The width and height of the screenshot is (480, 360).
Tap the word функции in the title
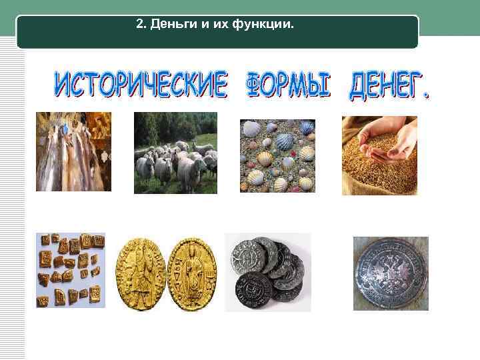pos(263,25)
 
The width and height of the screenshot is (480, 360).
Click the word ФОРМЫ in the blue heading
pos(289,85)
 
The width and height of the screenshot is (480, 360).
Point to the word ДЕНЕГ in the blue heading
pos(389,87)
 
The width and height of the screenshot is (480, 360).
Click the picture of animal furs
pos(73,151)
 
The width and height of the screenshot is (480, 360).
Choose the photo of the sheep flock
pos(175,153)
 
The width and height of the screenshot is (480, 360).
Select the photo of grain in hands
pos(379,155)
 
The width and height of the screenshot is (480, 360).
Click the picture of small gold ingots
pos(71,270)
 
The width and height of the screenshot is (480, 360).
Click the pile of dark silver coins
pos(267,272)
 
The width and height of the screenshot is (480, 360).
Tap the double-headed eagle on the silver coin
pos(391,273)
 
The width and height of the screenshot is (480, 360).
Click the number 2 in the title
pos(139,25)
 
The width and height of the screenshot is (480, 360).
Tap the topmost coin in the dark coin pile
pos(250,254)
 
